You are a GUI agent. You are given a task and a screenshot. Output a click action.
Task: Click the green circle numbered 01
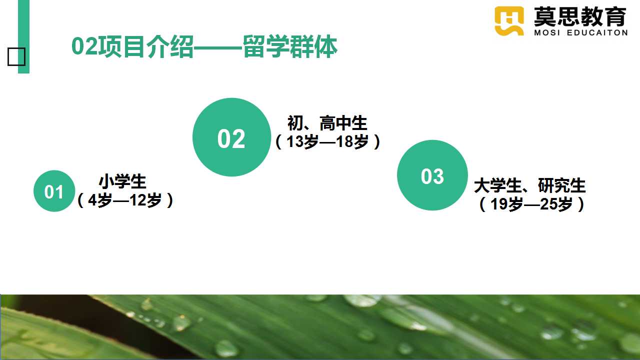pyautogui.click(x=54, y=191)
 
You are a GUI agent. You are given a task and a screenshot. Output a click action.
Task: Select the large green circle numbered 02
pyautogui.click(x=231, y=137)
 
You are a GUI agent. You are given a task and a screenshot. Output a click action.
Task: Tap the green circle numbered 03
pyautogui.click(x=432, y=175)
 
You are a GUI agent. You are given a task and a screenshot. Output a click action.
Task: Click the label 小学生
pyautogui.click(x=122, y=181)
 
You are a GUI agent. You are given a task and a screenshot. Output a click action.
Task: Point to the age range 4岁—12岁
pyautogui.click(x=125, y=200)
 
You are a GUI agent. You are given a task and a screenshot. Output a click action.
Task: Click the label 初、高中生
pyautogui.click(x=327, y=123)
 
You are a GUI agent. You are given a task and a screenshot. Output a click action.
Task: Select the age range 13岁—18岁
pyautogui.click(x=327, y=141)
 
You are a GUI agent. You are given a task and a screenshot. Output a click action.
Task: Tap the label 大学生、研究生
pyautogui.click(x=529, y=185)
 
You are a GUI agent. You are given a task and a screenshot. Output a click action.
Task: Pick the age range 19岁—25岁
pyautogui.click(x=531, y=204)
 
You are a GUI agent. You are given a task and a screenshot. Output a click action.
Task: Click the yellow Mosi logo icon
pyautogui.click(x=509, y=21)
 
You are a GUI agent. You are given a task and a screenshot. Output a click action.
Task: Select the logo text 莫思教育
pyautogui.click(x=580, y=16)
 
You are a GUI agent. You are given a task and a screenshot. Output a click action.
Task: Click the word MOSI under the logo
pyautogui.click(x=547, y=33)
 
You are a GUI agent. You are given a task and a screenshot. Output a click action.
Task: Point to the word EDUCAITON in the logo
pyautogui.click(x=597, y=33)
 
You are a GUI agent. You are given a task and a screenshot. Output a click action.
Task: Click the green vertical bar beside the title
pyautogui.click(x=23, y=36)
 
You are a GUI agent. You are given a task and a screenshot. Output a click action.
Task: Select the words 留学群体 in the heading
pyautogui.click(x=290, y=46)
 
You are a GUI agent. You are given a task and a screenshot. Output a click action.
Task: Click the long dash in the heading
pyautogui.click(x=218, y=47)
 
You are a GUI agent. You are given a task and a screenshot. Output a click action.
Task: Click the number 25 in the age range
pyautogui.click(x=548, y=204)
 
